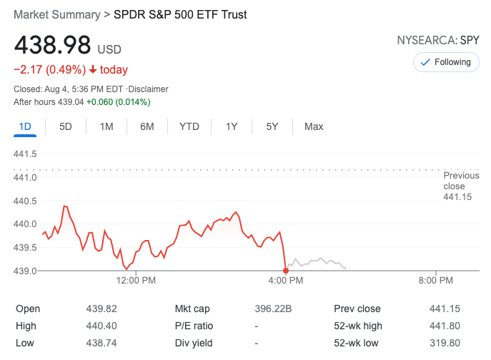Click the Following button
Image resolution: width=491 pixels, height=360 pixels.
click(446, 62)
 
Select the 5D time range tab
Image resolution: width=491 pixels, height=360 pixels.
click(66, 126)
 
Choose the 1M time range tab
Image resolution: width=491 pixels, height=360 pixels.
click(106, 126)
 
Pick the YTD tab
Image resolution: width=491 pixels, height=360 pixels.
click(189, 126)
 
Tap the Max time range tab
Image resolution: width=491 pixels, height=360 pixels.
click(314, 126)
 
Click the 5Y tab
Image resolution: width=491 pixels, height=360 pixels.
click(272, 126)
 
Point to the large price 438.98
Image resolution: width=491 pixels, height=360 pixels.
click(53, 46)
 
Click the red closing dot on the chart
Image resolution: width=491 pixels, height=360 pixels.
click(286, 270)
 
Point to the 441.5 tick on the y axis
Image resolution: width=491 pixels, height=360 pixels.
click(25, 154)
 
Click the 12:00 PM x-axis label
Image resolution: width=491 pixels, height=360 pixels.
click(135, 281)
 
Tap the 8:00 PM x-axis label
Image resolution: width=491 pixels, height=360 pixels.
click(436, 281)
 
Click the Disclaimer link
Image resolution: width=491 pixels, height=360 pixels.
click(148, 89)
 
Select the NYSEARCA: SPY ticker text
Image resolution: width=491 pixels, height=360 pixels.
click(438, 41)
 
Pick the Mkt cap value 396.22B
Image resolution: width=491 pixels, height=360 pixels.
click(274, 309)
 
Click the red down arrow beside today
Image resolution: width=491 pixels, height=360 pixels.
click(93, 70)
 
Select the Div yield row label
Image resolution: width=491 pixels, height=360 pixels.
click(194, 342)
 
